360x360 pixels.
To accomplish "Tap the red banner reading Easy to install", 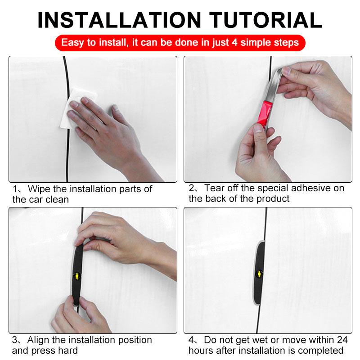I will (x=180, y=43).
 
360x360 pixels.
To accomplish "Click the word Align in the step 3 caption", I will (x=39, y=340).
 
